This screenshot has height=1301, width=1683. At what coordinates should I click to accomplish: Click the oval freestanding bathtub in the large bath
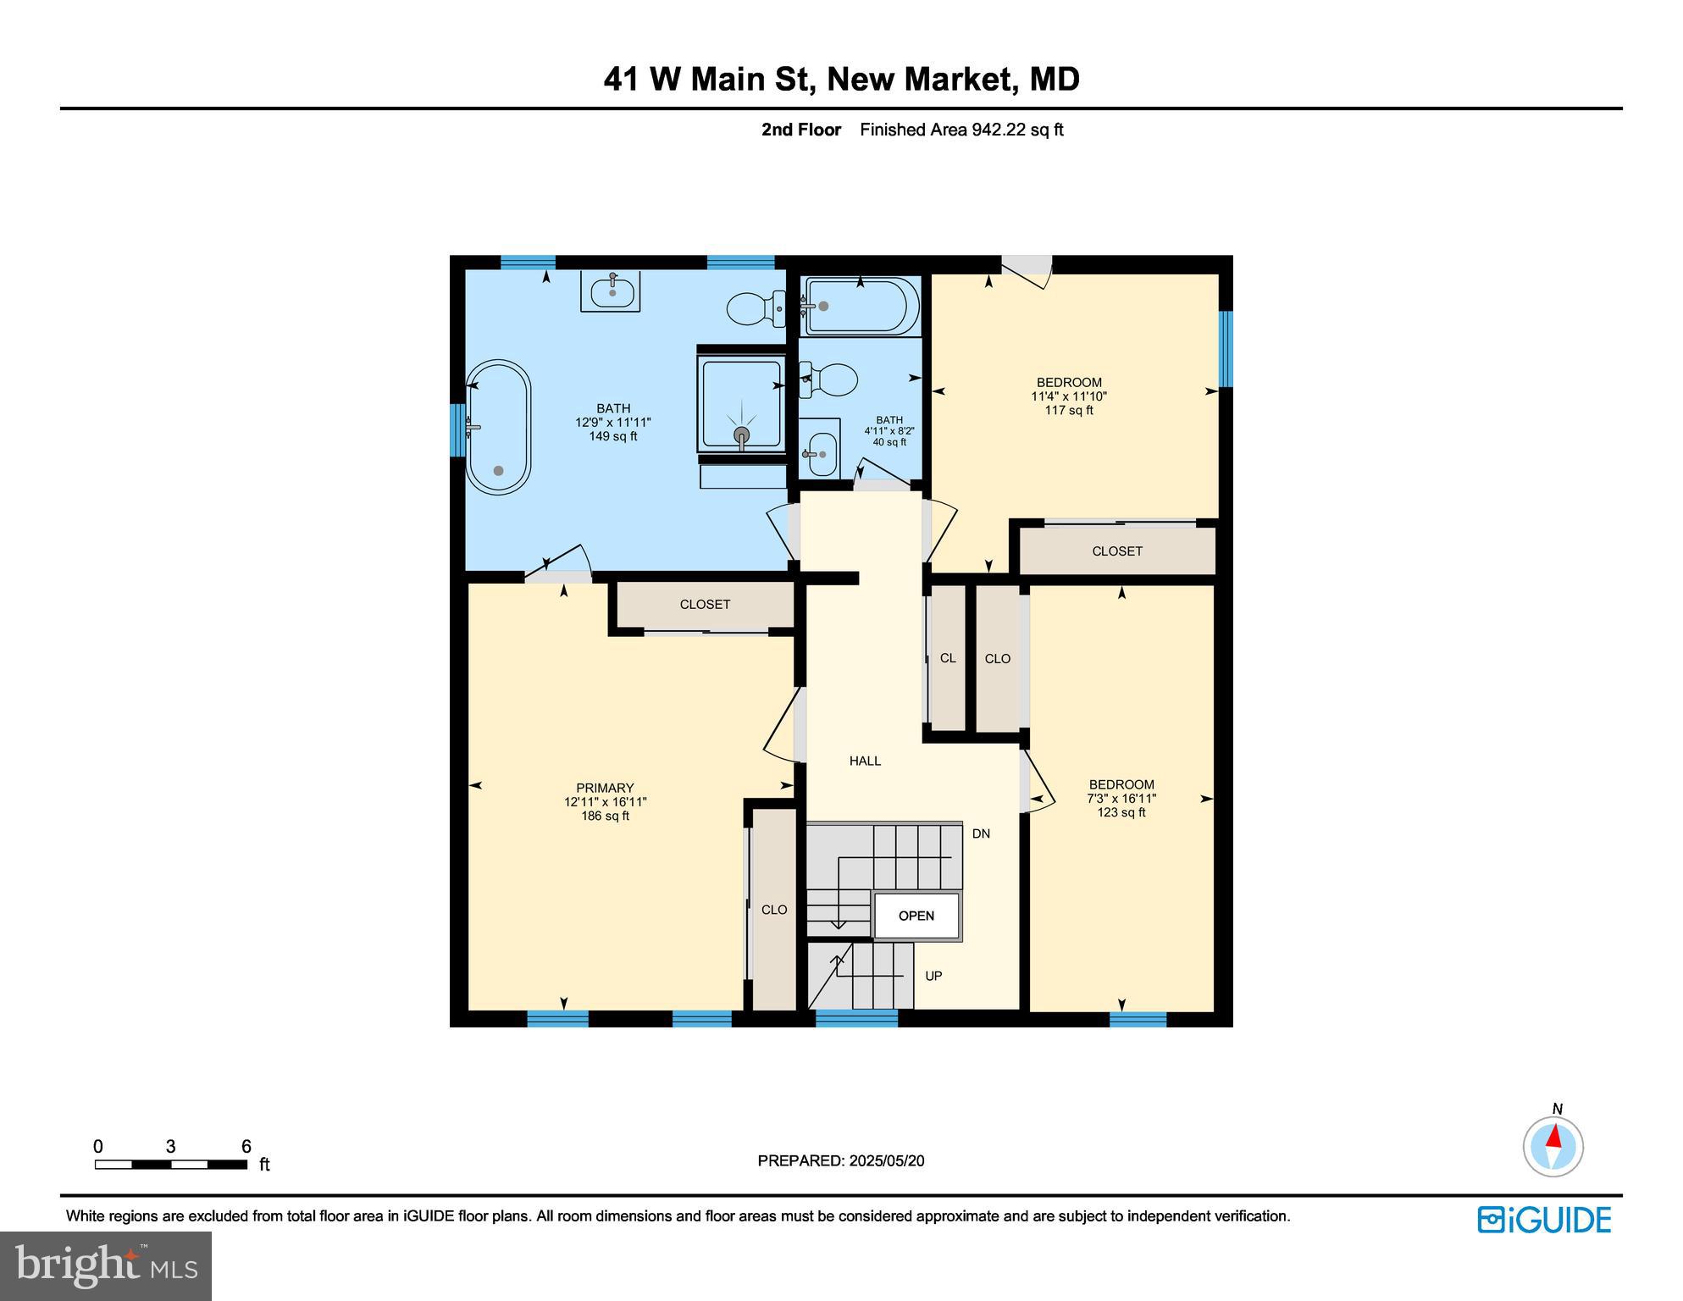[498, 428]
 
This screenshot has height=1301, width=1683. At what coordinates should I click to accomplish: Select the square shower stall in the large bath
[741, 403]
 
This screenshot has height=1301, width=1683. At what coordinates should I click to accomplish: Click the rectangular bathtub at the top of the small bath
[860, 307]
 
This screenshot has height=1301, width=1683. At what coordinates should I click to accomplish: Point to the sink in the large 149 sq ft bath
[611, 292]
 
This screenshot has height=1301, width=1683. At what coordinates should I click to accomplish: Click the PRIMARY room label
[605, 788]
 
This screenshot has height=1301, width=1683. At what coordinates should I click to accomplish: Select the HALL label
[865, 761]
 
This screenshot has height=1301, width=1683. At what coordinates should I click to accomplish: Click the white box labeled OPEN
[916, 916]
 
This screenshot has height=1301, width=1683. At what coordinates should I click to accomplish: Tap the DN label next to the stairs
[981, 833]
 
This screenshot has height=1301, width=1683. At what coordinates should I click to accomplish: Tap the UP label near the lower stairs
[933, 976]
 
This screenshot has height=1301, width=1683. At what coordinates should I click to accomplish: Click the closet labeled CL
[947, 658]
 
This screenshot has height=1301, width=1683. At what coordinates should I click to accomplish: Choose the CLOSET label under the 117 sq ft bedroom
[1117, 551]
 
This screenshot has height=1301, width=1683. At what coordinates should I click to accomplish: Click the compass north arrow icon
[1553, 1146]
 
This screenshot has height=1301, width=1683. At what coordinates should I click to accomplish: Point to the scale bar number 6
[246, 1147]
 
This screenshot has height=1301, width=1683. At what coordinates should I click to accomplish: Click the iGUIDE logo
[1544, 1220]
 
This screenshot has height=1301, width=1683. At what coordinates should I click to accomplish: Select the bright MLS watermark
[105, 1265]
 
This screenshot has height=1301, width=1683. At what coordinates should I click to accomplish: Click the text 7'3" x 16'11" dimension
[1121, 798]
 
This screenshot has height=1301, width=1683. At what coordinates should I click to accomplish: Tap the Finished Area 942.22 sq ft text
[961, 130]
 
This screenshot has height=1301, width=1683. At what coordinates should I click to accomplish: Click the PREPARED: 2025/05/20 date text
[840, 1160]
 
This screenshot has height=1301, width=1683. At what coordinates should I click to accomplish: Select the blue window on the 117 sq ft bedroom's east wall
[1225, 348]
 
